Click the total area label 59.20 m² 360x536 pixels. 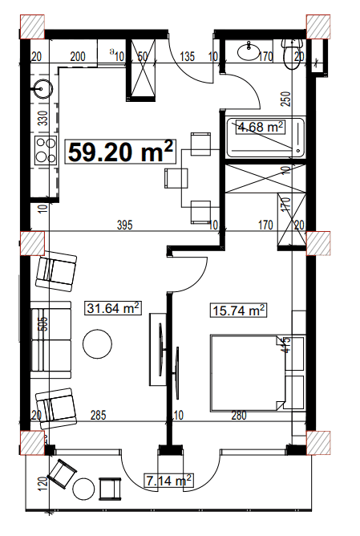tap(120, 151)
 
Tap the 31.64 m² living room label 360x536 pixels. tap(113, 308)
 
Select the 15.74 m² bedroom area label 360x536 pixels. tap(239, 311)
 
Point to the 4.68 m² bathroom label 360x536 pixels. tap(261, 127)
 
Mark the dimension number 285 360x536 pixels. tap(98, 415)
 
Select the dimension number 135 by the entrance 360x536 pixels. tap(188, 57)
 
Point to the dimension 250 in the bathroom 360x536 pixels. tap(284, 100)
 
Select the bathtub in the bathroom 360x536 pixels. tap(265, 137)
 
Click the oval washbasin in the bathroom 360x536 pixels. tap(249, 52)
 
